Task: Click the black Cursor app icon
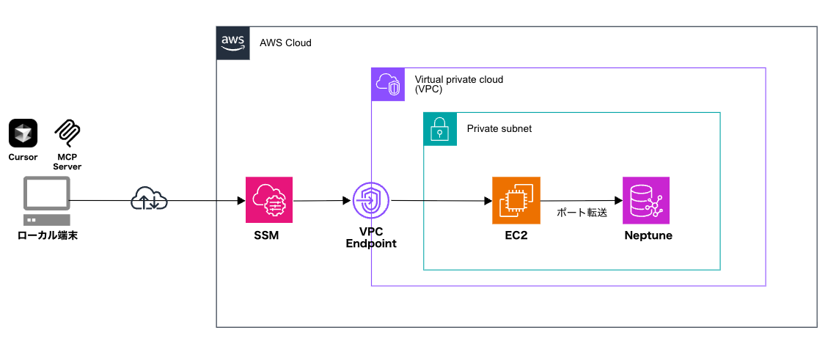[x=23, y=133]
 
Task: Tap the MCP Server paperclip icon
[x=68, y=133]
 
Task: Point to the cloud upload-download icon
[x=149, y=199]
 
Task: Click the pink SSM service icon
[x=269, y=199]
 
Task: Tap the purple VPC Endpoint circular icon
[x=370, y=199]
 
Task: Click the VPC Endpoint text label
[x=370, y=238]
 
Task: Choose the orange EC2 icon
[x=516, y=199]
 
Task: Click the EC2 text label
[x=516, y=236]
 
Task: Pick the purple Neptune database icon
[x=646, y=199]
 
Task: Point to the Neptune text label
[x=648, y=236]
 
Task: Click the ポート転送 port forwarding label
[x=582, y=213]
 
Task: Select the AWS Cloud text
[x=285, y=43]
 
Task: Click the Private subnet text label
[x=499, y=128]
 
